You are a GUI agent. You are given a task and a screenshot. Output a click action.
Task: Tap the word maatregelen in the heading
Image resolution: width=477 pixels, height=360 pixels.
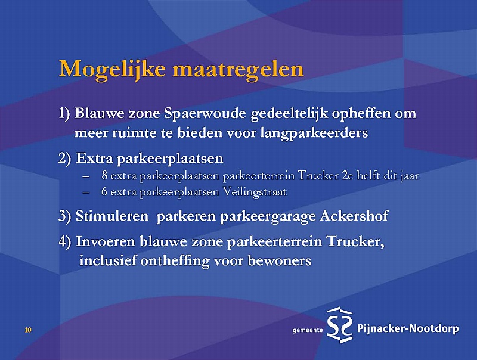click(238, 70)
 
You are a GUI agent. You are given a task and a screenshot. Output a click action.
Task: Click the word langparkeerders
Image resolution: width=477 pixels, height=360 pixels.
click(314, 134)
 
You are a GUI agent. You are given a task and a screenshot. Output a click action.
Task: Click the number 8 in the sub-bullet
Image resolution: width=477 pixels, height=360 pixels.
click(104, 176)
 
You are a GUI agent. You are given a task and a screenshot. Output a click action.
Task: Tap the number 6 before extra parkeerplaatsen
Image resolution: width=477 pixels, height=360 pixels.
click(104, 192)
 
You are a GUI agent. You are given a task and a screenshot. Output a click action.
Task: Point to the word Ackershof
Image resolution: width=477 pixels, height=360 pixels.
click(354, 216)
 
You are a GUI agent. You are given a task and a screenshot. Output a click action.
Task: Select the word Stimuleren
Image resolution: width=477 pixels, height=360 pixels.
click(112, 216)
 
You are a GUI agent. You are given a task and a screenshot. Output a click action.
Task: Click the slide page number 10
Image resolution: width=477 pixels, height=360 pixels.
click(28, 330)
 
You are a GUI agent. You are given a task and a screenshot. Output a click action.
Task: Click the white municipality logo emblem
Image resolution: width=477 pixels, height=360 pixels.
click(339, 325)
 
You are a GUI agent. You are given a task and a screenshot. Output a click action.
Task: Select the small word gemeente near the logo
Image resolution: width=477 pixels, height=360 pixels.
click(307, 331)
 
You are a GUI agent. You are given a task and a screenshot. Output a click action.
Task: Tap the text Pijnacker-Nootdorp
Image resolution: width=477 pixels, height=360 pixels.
click(408, 329)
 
